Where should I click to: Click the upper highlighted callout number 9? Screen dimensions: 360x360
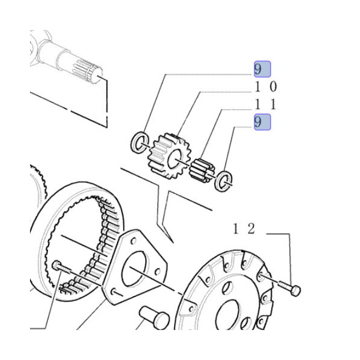tap(262, 69)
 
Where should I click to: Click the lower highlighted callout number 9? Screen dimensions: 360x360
tap(262, 122)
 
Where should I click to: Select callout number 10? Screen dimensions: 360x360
tap(266, 87)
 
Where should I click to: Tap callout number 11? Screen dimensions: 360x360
tap(265, 105)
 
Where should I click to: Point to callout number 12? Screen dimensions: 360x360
tap(244, 229)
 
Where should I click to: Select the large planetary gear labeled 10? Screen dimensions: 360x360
tap(169, 156)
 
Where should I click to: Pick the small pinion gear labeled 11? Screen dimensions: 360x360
tap(202, 170)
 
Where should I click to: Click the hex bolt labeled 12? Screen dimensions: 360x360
tap(289, 287)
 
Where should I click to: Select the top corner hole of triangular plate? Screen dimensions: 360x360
tap(133, 241)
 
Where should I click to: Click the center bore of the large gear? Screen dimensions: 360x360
tap(175, 158)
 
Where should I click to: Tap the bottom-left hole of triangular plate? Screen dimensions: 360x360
tap(113, 292)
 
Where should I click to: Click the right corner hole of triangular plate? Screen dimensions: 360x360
tap(157, 272)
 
